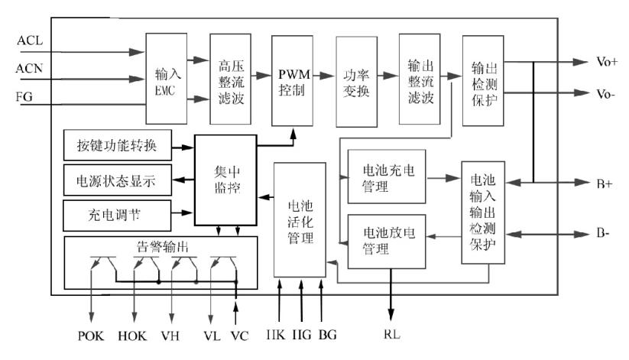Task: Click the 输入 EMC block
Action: [166, 79]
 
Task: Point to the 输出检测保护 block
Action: [482, 79]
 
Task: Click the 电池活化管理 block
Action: [300, 221]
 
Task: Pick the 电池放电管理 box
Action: [386, 242]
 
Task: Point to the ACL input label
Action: [29, 40]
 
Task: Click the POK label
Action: [90, 335]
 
